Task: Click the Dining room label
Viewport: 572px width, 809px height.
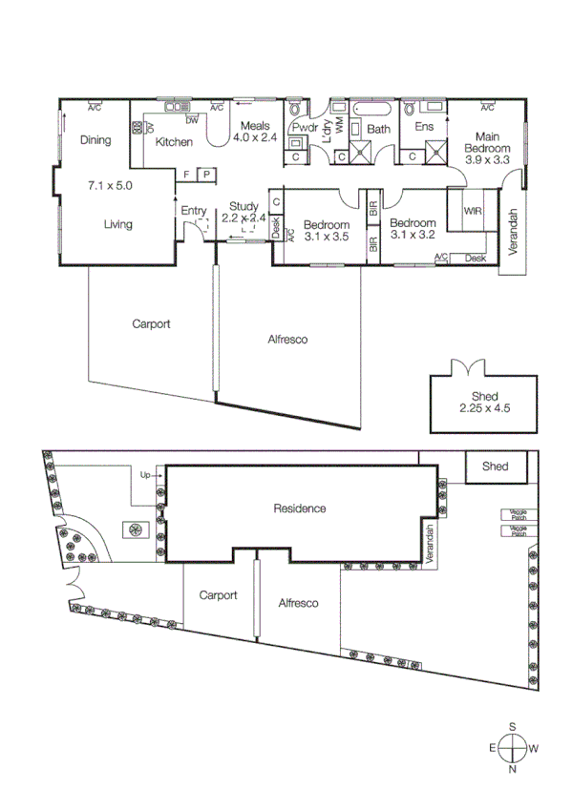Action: coord(95,140)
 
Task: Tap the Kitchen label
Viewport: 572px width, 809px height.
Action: coord(174,142)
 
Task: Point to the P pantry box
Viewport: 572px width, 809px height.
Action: coord(206,175)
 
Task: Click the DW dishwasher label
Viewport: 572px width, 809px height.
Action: coord(192,120)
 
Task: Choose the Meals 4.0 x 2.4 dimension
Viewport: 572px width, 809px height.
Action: coord(255,138)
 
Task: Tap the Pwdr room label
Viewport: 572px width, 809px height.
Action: coord(305,128)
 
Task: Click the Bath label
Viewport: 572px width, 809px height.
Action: coord(379,129)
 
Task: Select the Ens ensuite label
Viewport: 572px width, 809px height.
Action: coord(425,128)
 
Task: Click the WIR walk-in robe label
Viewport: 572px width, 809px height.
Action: coord(472,211)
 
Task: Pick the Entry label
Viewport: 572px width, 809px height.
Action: coord(194,211)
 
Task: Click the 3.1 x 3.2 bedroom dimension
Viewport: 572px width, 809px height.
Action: coord(413,232)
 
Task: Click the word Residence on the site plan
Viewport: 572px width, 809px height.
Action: coord(299,508)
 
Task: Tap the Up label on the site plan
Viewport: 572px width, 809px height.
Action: coord(145,474)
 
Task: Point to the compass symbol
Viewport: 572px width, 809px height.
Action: coord(513,748)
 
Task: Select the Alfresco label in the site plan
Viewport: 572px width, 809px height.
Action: coord(297,603)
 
